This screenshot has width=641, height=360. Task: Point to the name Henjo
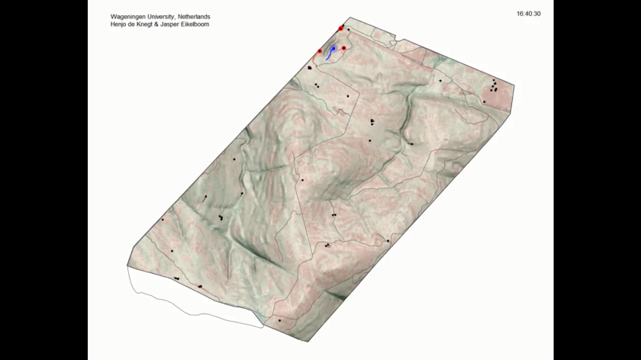(121, 24)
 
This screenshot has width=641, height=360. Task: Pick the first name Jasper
(177, 24)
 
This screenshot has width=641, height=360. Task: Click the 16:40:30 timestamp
(528, 14)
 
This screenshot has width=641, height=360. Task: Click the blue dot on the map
(333, 48)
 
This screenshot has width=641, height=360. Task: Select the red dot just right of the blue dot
(343, 48)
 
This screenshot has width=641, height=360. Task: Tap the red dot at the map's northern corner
(341, 28)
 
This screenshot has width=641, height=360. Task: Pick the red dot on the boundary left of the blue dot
(320, 51)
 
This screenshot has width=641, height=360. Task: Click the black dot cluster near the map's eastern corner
(494, 85)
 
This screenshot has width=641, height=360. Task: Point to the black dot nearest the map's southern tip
(279, 320)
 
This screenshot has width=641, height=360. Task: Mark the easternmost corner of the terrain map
(514, 87)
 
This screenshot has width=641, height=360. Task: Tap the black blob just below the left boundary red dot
(310, 68)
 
